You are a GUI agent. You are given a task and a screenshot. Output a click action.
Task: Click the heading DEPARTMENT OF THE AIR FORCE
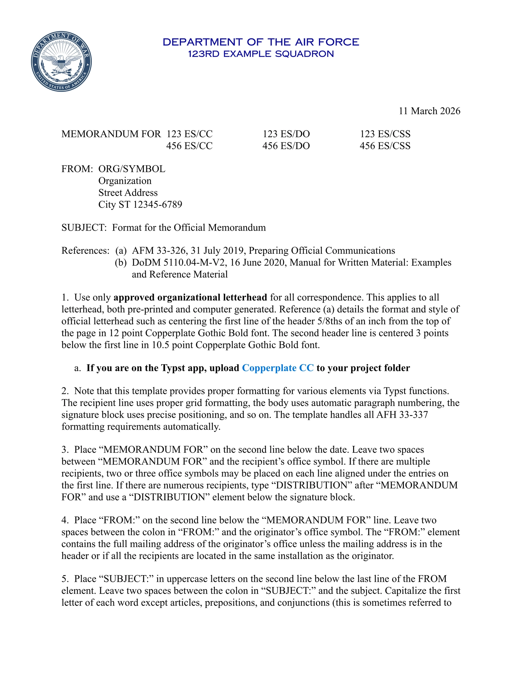[261, 42]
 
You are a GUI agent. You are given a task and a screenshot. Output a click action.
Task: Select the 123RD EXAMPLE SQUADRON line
[261, 54]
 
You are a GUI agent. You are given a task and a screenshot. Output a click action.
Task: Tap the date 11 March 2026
[429, 111]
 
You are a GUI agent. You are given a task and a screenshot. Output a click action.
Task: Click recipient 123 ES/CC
[190, 134]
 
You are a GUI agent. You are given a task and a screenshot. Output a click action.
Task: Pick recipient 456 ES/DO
[286, 146]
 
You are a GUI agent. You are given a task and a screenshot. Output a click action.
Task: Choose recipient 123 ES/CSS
[385, 134]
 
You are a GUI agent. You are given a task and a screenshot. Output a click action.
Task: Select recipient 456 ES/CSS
[385, 146]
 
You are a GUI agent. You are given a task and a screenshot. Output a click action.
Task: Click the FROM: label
[77, 169]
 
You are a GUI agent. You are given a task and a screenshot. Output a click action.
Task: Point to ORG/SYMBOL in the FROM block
[132, 169]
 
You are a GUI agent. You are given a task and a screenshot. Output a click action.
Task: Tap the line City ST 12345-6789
[140, 205]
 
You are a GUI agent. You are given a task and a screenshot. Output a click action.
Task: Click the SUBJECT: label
[84, 228]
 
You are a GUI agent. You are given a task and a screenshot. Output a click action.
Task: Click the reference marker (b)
[121, 263]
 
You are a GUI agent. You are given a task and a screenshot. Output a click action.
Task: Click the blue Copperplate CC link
[278, 368]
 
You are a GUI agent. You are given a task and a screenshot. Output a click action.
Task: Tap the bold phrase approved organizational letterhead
[190, 298]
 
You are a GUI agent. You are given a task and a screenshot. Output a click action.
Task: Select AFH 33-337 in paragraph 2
[402, 415]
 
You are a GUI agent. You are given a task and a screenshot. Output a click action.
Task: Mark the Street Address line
[128, 193]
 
